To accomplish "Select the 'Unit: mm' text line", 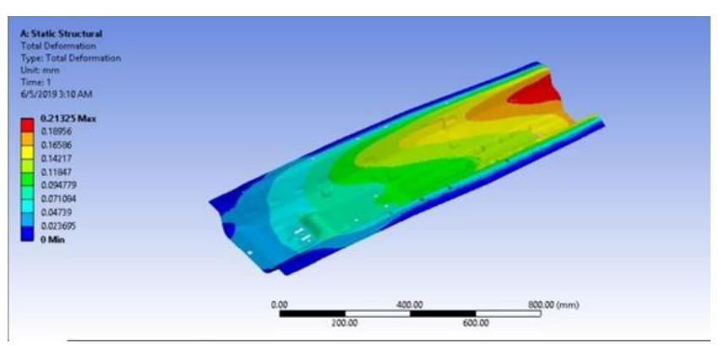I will [39, 70].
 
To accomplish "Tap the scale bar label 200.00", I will [344, 322].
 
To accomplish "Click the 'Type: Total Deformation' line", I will [70, 58].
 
